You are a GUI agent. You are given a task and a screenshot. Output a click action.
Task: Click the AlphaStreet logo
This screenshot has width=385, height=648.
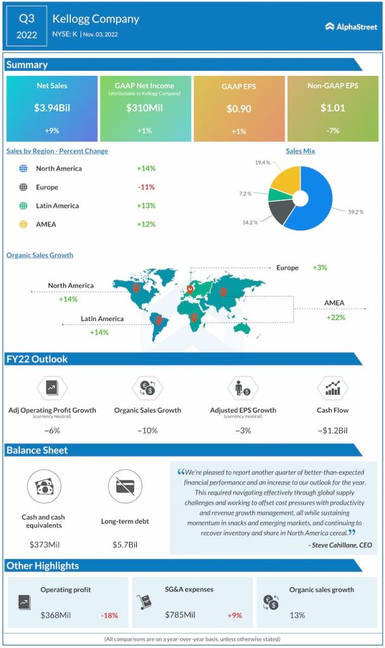point(351,27)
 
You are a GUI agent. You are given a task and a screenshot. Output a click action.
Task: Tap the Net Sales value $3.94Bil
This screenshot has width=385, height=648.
point(52,108)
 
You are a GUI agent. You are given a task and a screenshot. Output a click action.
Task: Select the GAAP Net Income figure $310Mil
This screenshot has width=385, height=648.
point(144,108)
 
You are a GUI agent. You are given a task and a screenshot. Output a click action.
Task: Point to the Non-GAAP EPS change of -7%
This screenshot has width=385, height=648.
point(333,130)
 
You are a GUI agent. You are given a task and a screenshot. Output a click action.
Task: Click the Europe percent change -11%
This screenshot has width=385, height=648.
point(146,187)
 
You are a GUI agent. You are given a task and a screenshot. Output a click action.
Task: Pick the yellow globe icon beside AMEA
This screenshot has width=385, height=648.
point(23,224)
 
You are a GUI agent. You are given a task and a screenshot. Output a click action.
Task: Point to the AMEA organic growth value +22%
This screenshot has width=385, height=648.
point(336,317)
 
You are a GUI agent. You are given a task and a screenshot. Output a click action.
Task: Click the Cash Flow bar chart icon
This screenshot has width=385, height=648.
point(332,388)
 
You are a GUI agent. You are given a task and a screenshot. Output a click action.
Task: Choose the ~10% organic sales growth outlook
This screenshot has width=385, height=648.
point(147,430)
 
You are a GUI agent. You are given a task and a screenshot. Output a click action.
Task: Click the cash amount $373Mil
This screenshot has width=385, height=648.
point(44,544)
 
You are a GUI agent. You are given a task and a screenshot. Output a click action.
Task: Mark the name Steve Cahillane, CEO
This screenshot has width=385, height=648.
point(340,544)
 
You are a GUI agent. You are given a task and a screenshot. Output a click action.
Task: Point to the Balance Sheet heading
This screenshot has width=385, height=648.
point(37,450)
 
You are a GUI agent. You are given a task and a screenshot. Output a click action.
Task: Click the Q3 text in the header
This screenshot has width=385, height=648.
point(27,18)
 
